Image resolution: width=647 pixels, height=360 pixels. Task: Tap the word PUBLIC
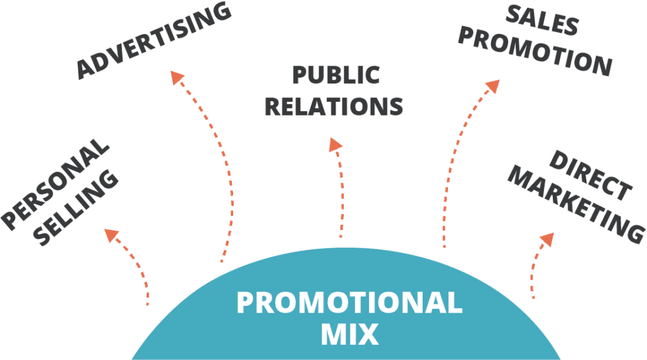336,75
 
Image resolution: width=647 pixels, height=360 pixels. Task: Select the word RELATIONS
334,105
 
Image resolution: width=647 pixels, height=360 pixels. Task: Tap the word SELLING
76,208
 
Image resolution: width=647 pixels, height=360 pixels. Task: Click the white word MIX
349,333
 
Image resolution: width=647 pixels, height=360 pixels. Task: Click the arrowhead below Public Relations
335,145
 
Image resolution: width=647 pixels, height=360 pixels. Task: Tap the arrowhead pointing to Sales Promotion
491,87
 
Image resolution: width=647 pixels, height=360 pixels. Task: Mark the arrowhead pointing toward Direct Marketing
547,239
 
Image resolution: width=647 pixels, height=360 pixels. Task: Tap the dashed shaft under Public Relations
342,196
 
